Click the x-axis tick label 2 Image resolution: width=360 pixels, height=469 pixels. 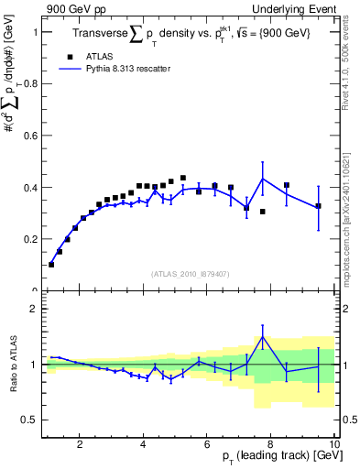80,444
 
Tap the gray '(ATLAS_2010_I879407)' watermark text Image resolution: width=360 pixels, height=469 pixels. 189,272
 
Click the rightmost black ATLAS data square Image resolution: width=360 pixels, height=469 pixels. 318,206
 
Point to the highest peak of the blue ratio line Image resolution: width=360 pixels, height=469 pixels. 263,336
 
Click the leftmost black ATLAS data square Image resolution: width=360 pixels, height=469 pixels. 51,264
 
